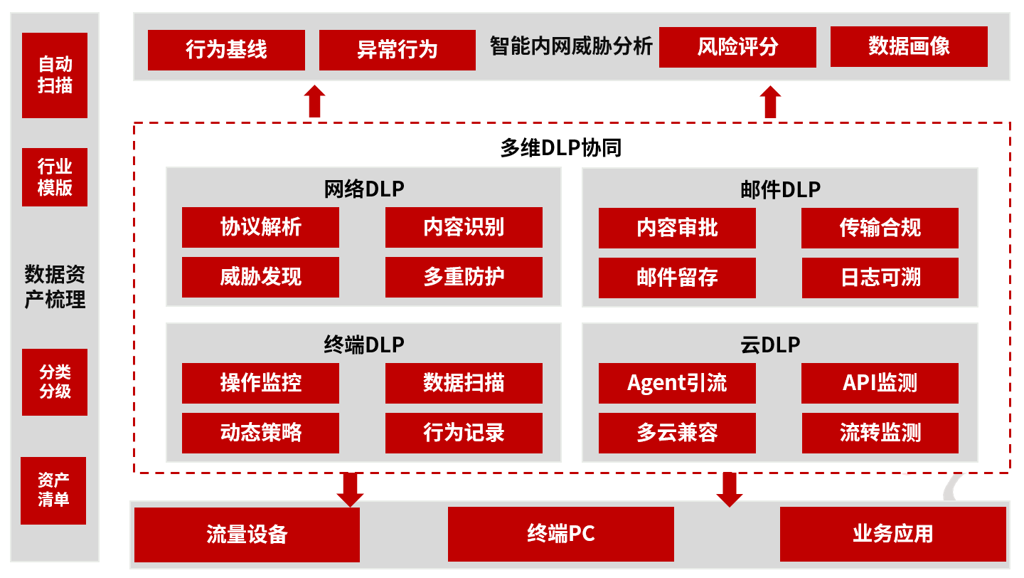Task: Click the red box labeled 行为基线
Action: coord(226,50)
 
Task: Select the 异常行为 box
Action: coord(397,50)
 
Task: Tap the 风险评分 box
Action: coord(737,47)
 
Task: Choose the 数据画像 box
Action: coord(909,46)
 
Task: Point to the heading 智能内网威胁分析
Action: coord(571,47)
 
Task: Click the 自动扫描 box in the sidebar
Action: coord(55,75)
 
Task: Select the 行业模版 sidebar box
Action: coord(55,177)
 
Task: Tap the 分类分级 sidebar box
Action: coord(55,382)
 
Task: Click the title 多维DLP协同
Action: coord(561,147)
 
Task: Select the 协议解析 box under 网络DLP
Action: coord(260,228)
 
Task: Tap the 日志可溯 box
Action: coord(880,278)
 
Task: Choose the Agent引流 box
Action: coord(677,383)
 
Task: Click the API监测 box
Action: coord(880,383)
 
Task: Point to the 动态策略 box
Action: coord(260,433)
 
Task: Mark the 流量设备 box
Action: coord(247,535)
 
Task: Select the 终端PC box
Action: coord(560,534)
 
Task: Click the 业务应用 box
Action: coord(892,534)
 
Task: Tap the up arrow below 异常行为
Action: coord(314,102)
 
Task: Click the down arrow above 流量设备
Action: coord(349,489)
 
